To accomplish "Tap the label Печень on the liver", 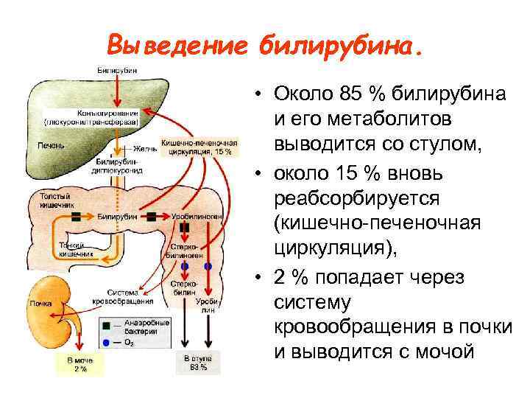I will (51, 145).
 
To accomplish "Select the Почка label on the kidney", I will (40, 303).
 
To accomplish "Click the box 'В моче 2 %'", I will (79, 364).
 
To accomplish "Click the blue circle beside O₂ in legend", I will (108, 342).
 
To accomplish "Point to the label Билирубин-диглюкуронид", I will (116, 164).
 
